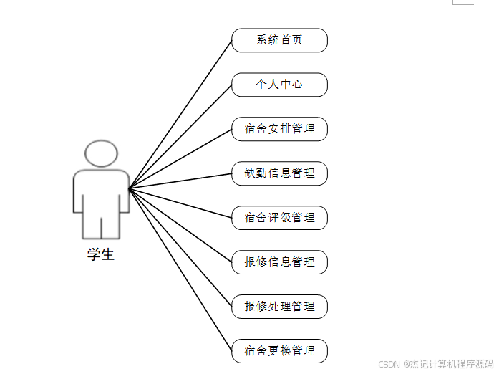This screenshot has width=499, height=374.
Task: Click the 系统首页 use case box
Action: coord(279,40)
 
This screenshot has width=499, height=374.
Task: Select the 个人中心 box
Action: coord(279,85)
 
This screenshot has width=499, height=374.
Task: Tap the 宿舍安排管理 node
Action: coord(279,129)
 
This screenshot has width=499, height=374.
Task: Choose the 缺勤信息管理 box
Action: coord(279,173)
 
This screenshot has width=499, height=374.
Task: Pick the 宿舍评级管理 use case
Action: coord(279,218)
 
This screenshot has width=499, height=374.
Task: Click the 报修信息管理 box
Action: coord(279,262)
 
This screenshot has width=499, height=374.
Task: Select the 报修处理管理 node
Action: coord(279,307)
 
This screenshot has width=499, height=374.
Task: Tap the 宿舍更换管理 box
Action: coord(279,351)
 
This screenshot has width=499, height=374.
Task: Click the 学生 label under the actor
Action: coord(101,254)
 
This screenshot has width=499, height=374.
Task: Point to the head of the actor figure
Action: coord(101,153)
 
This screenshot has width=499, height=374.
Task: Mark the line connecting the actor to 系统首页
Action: coord(180,114)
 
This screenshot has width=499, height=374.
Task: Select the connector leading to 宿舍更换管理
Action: coord(180,270)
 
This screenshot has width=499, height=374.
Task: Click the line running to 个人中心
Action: coord(180,136)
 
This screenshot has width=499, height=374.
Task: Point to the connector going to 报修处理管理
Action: coord(180,248)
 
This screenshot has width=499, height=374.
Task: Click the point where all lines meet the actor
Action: coord(130,188)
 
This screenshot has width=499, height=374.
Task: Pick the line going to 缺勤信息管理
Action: coord(180,181)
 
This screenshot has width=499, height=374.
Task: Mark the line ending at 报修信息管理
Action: coord(180,226)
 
